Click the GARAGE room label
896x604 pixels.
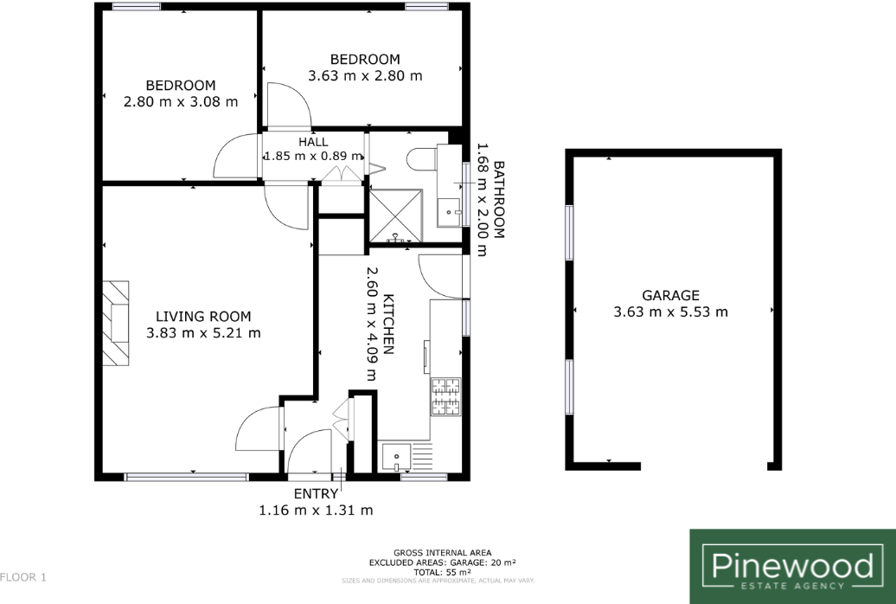point(670,295)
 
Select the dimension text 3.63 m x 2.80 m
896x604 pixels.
point(365,75)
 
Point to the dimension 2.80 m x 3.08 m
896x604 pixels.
point(180,101)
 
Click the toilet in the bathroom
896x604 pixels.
point(422,159)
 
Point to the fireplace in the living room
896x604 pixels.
point(115,322)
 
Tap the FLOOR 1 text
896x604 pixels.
point(22,576)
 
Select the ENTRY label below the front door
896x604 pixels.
point(316,494)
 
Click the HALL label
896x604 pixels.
point(313,142)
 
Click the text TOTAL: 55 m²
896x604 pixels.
point(442,572)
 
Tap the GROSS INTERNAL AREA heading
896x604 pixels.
point(442,552)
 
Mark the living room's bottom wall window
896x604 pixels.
point(187,476)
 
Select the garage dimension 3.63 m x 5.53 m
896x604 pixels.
point(670,312)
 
